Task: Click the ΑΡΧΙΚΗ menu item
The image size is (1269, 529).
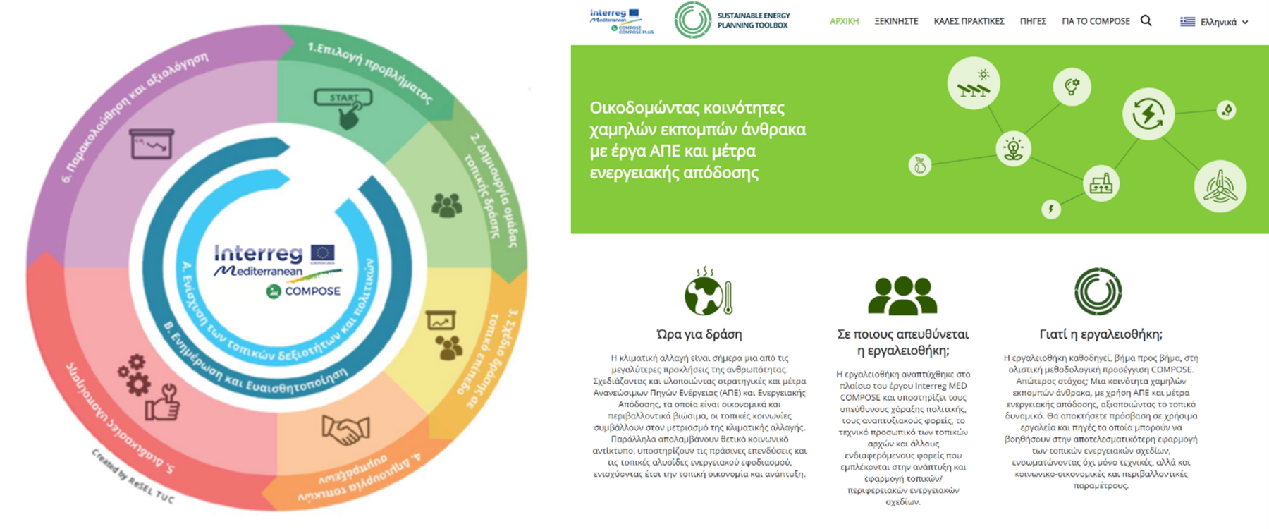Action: [x=844, y=21]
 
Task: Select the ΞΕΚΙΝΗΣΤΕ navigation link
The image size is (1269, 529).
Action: [x=896, y=21]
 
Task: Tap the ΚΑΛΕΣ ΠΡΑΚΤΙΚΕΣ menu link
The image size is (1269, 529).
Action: [x=969, y=21]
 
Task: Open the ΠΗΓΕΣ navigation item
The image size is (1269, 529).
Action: [x=1033, y=21]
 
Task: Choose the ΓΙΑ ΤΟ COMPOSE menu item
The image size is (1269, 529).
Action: [x=1096, y=21]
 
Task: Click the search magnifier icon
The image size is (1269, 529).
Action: [x=1146, y=20]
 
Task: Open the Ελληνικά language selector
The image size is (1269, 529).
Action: [x=1214, y=22]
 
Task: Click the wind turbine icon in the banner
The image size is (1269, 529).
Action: [x=1220, y=186]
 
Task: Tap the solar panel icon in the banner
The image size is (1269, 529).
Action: [x=974, y=83]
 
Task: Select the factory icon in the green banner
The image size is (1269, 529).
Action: [x=1101, y=183]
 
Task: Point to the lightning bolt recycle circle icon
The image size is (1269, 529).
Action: [x=1148, y=114]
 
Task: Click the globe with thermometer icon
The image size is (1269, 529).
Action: [x=709, y=293]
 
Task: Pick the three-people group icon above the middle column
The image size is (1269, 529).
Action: [x=902, y=295]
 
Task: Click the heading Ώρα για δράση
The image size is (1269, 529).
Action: [x=699, y=334]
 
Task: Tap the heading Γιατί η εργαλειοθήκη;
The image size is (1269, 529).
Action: [x=1101, y=334]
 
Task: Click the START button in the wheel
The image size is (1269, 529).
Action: [x=343, y=98]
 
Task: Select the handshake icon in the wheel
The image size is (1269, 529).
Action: [x=345, y=429]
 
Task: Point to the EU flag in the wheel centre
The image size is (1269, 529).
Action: [x=323, y=253]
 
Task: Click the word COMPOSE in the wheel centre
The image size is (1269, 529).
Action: [x=312, y=291]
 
